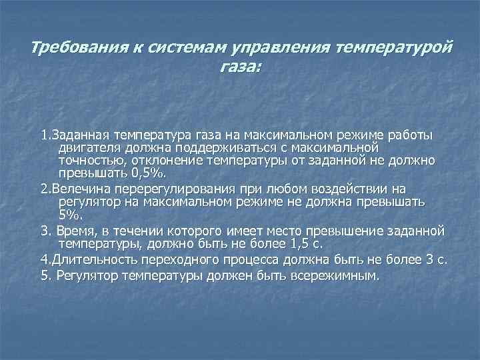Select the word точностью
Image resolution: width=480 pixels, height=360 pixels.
click(x=90, y=161)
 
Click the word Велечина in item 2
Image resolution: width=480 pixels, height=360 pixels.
click(x=77, y=188)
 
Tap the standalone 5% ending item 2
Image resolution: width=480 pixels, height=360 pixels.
click(x=69, y=215)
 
